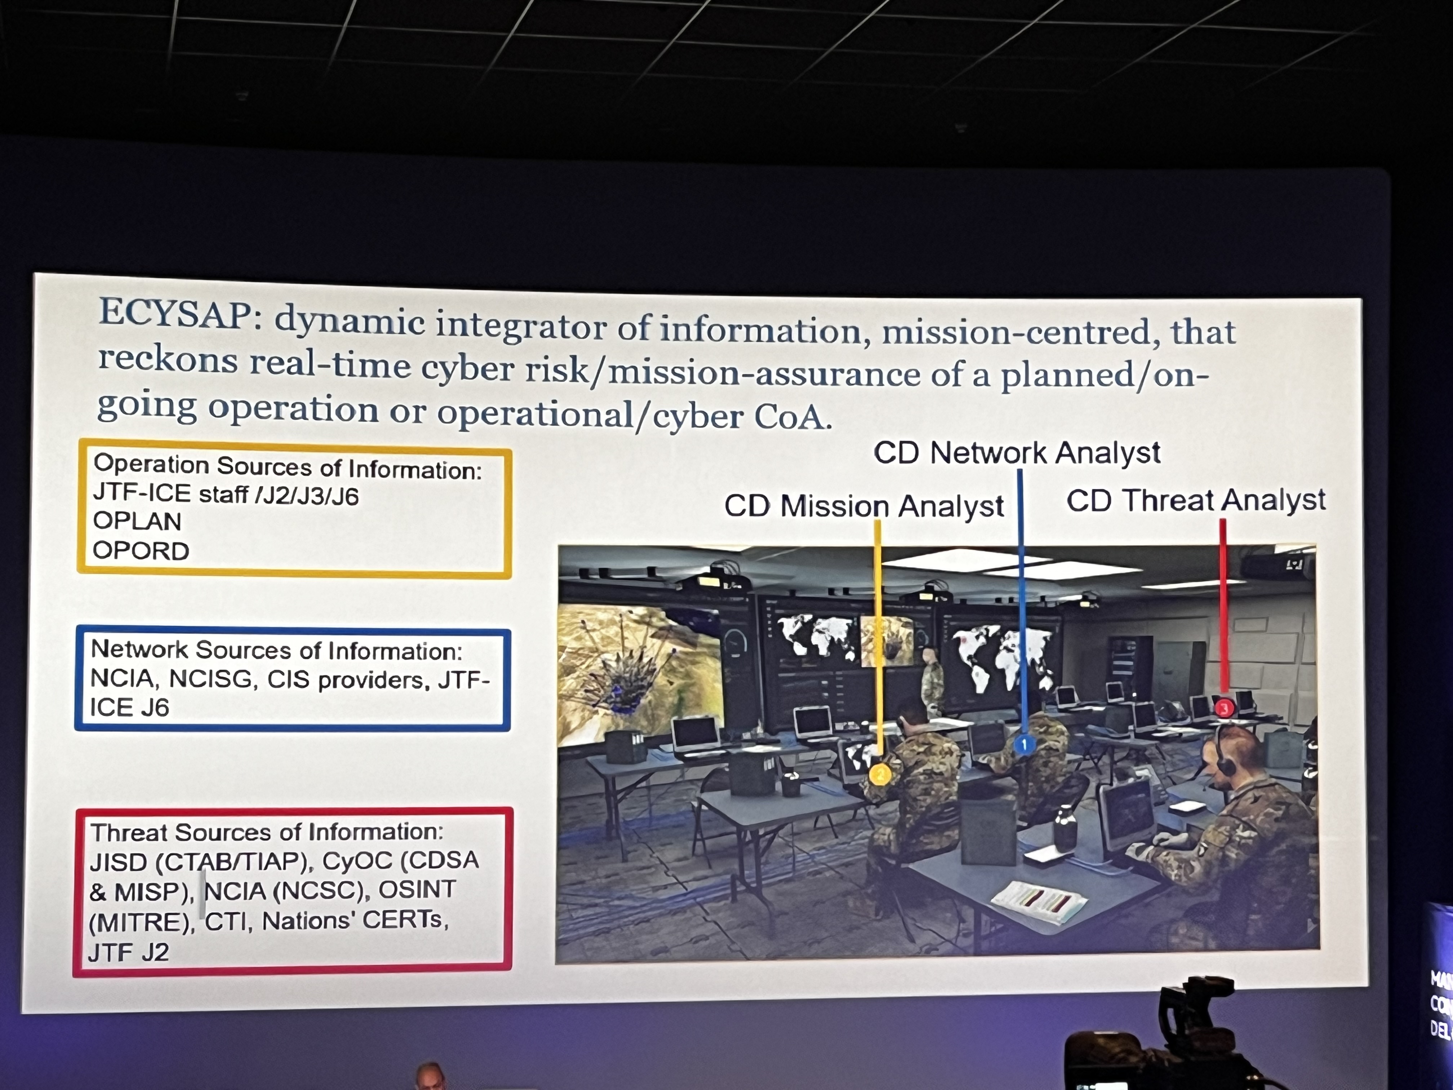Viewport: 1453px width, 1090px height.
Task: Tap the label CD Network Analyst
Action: click(1017, 453)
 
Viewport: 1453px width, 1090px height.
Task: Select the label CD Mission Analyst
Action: click(864, 506)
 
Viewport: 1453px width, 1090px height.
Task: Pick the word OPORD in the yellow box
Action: click(141, 550)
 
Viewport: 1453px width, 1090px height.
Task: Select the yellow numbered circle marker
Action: click(880, 775)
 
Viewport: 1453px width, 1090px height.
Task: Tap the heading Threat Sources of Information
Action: click(267, 832)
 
